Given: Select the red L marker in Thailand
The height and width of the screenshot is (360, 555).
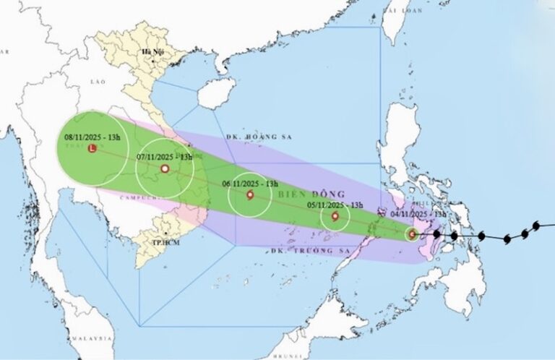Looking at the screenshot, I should pos(92,149).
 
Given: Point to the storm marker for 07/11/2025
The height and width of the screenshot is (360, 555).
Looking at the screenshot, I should pos(165,169).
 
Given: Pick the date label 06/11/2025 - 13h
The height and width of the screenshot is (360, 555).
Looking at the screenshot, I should pos(251,184).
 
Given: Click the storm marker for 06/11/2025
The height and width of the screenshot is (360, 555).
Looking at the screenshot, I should pos(251,195).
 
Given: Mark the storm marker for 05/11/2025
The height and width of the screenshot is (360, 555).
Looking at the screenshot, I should pos(335,216).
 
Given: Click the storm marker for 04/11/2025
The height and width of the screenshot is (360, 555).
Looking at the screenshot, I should pos(411,233).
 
